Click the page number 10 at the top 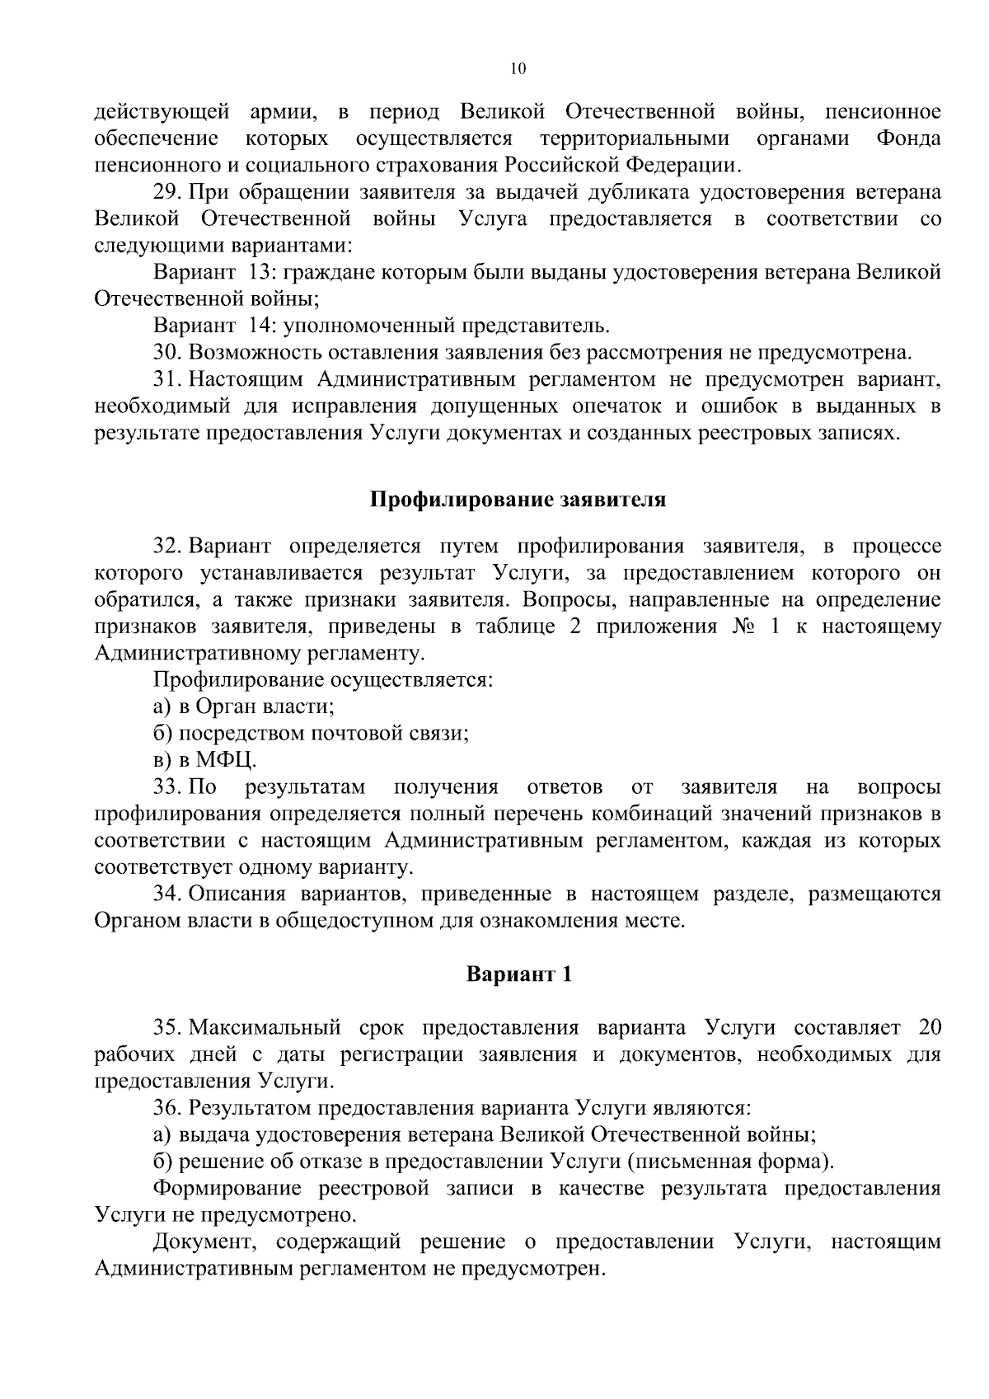(517, 69)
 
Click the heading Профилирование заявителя (517, 500)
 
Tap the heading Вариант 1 (518, 974)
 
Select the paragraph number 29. (167, 193)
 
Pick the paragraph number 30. (167, 353)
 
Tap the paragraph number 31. (167, 380)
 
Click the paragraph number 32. (167, 547)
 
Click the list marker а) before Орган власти (162, 707)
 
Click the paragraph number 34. (167, 894)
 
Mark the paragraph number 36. (167, 1108)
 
